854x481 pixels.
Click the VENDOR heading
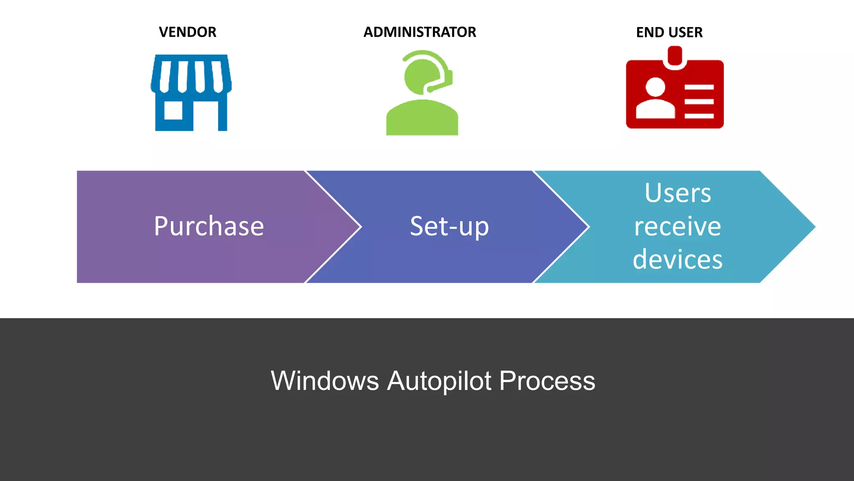[187, 32]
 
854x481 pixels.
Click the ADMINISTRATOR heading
[419, 32]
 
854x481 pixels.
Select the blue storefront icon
[191, 92]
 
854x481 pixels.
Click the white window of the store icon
[173, 110]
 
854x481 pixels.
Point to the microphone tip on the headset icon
[430, 89]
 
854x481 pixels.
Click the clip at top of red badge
[675, 56]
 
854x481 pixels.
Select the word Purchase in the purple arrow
[209, 227]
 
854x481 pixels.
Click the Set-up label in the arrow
[449, 227]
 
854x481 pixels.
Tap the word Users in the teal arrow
[678, 193]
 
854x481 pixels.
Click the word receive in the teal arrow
[678, 227]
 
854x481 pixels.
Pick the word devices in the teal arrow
[678, 260]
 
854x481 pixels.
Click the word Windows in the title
[325, 381]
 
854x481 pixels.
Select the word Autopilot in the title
[439, 381]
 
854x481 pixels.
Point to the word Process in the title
[547, 381]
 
